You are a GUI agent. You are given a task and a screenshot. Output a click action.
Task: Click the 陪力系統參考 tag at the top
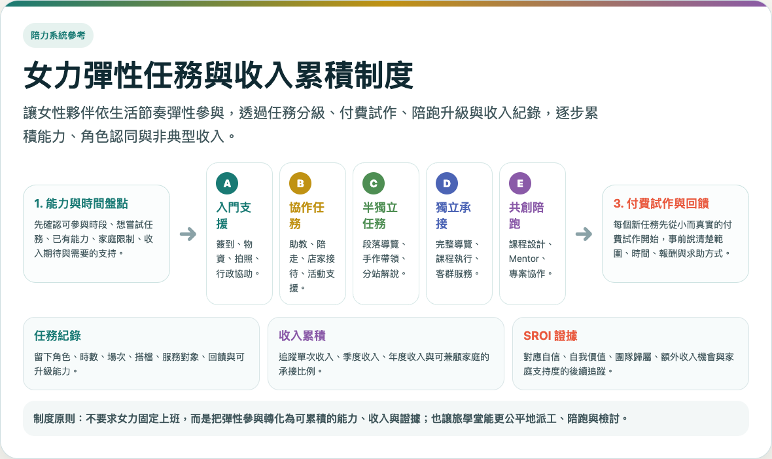(x=58, y=35)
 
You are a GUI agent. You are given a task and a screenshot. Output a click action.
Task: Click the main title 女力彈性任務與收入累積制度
(x=218, y=75)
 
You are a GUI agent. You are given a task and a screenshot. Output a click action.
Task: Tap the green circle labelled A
(x=227, y=183)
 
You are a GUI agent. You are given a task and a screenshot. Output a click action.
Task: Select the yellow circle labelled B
(x=300, y=183)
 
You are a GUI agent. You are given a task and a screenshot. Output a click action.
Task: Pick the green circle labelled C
(x=374, y=183)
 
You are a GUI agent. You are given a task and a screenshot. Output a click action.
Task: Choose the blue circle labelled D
(x=447, y=183)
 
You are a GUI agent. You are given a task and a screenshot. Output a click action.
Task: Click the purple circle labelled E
(x=520, y=183)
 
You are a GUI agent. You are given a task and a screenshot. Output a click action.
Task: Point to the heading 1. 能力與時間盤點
(x=80, y=204)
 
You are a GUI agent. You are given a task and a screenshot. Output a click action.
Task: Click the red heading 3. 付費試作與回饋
(x=661, y=204)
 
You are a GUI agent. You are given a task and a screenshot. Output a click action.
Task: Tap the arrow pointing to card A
(x=188, y=234)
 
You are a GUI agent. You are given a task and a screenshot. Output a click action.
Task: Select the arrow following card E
(x=584, y=234)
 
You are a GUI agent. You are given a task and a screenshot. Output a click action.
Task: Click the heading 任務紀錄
(x=58, y=336)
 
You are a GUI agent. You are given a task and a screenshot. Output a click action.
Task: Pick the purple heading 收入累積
(x=302, y=336)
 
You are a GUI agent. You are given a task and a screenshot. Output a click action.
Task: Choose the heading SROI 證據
(x=550, y=336)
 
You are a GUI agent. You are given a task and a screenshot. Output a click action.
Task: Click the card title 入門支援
(x=234, y=215)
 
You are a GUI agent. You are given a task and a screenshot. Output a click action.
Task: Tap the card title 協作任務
(x=307, y=215)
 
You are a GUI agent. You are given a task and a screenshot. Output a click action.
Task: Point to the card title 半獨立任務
(x=380, y=215)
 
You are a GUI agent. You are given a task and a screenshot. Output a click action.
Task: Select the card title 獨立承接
(x=453, y=215)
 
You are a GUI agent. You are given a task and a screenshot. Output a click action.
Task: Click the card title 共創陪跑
(x=527, y=215)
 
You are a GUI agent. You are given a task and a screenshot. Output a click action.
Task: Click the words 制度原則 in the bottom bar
(x=54, y=418)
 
